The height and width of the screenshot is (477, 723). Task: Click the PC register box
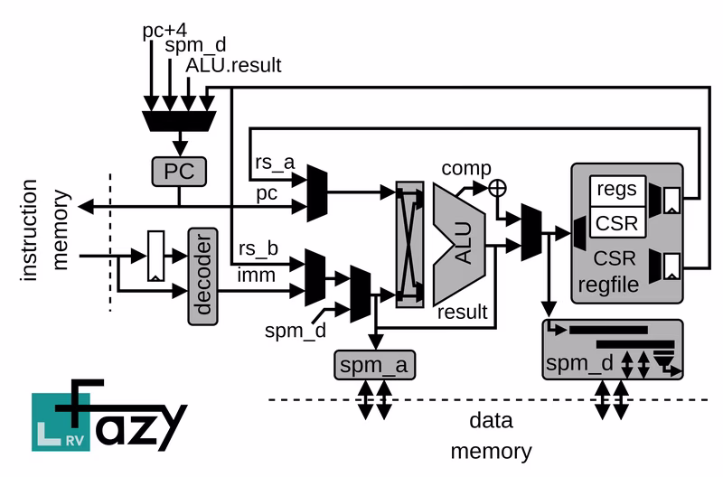point(179,170)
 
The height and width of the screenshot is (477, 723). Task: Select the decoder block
point(203,276)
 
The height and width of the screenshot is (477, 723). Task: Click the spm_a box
point(373,366)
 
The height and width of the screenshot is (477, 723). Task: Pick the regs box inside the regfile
point(617,191)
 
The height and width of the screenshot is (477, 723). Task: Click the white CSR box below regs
point(617,221)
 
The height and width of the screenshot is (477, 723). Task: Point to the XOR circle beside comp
point(495,188)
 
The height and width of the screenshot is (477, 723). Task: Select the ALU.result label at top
point(234,65)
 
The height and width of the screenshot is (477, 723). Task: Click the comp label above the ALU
point(466,169)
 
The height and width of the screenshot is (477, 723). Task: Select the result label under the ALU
point(463,313)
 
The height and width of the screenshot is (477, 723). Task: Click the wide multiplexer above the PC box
point(180,118)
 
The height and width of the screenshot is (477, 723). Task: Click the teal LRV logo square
point(55,421)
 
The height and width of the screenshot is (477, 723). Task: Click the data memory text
point(491,435)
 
